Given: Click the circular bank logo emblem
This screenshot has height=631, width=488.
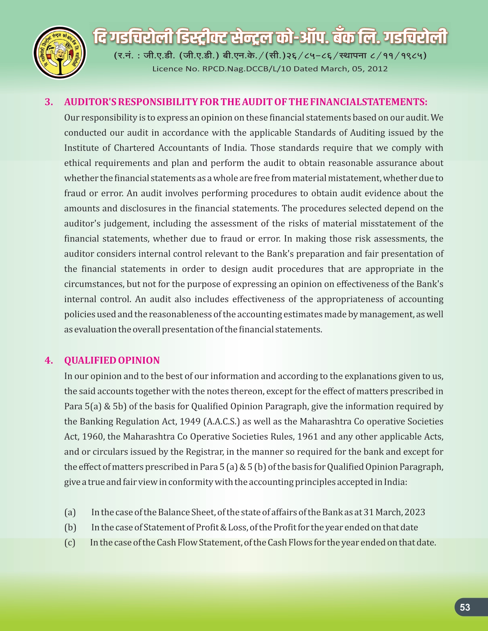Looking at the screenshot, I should [x=60, y=53].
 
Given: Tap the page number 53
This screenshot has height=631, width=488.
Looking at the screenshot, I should [x=465, y=607].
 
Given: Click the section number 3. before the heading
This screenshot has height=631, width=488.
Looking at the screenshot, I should [x=49, y=102].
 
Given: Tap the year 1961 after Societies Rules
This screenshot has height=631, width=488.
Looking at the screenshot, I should [x=308, y=437].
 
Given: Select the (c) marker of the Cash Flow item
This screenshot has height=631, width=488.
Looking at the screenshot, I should [x=70, y=543].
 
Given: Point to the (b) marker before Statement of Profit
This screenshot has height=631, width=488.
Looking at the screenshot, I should [x=70, y=528].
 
